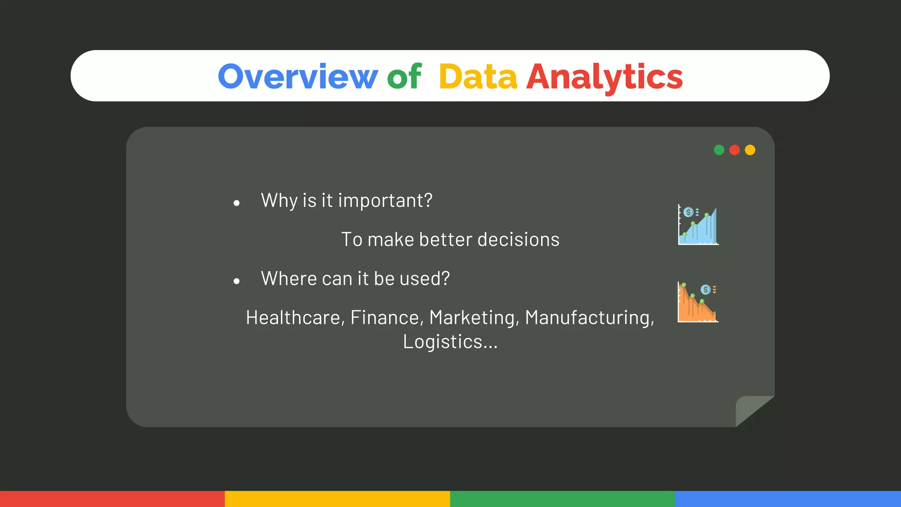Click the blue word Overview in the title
point(298,77)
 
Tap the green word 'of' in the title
point(404,77)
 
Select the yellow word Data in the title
point(478,77)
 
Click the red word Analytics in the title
point(604,77)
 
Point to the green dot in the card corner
point(719,150)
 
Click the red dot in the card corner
point(734,150)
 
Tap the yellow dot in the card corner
point(750,150)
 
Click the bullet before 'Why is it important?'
point(237,203)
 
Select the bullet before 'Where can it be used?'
point(237,281)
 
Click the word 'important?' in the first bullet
point(385,201)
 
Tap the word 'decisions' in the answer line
point(518,240)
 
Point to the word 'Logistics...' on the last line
point(450,342)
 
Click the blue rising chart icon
point(698,225)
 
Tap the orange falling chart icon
point(698,303)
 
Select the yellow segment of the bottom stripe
point(337,499)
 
